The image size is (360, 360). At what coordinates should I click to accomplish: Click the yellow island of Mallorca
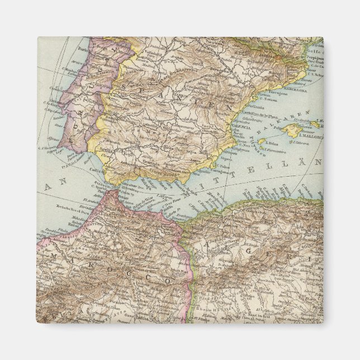pos(295,130)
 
